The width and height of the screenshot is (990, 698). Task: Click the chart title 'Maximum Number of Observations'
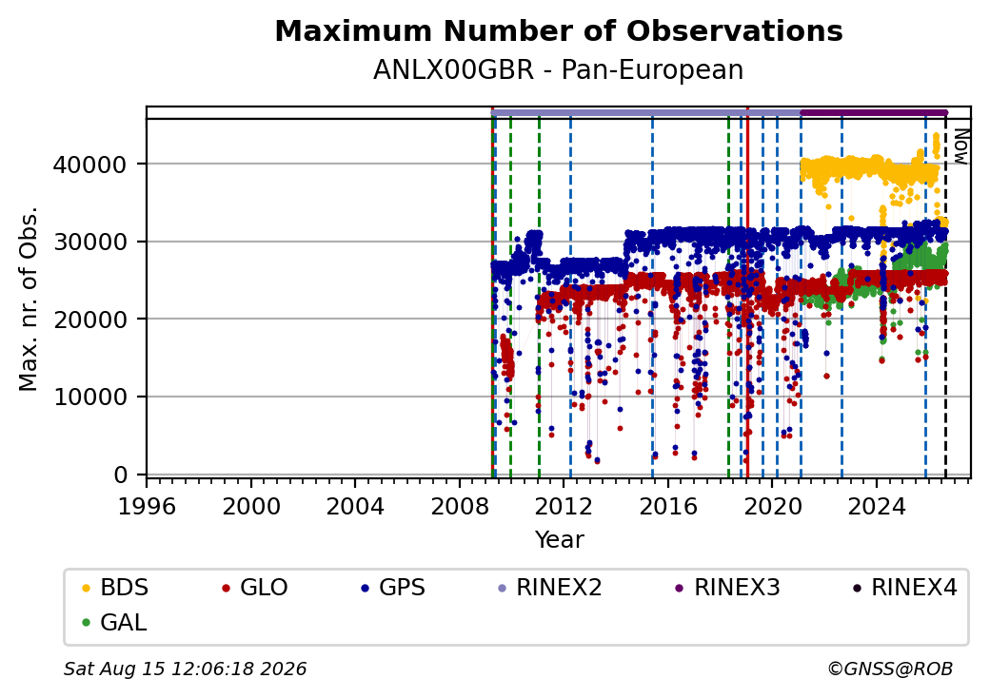[x=559, y=30]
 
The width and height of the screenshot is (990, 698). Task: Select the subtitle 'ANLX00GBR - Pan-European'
[x=558, y=69]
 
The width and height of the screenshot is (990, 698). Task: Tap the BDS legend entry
[x=115, y=588]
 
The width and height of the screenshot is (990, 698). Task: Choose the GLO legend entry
[x=255, y=588]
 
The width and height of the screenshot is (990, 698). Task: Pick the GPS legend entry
[x=393, y=588]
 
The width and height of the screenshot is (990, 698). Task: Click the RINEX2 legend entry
[x=549, y=588]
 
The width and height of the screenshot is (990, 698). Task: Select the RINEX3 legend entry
[x=727, y=588]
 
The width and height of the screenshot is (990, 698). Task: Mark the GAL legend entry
[x=114, y=622]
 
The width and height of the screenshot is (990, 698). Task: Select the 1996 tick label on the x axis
[x=147, y=506]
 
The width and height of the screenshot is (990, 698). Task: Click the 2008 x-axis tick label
[x=460, y=506]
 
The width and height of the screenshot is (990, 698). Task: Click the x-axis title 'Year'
[x=560, y=540]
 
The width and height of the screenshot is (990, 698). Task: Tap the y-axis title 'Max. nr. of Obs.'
[x=29, y=299]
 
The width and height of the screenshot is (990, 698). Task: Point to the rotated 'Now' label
[x=960, y=146]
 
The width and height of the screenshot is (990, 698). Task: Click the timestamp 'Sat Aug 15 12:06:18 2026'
[x=186, y=669]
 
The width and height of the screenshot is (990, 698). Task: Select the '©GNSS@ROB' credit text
[x=890, y=669]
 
